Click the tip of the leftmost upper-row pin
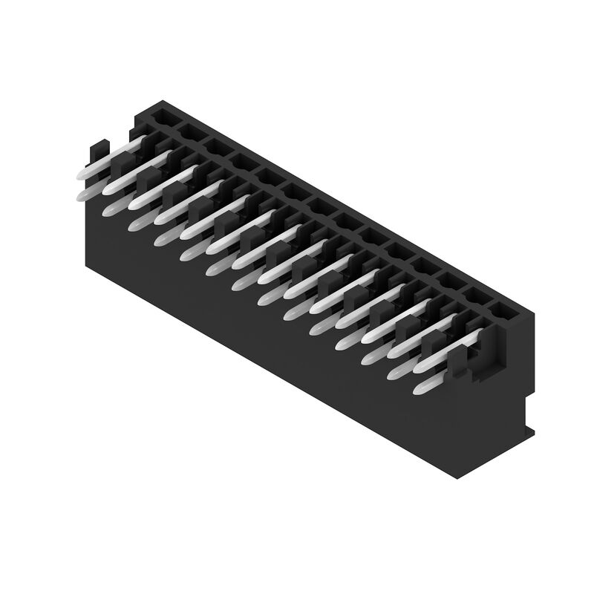point(81,173)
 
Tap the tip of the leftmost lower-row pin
point(84,195)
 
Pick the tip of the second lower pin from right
point(395,373)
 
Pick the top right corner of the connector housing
point(532,315)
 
